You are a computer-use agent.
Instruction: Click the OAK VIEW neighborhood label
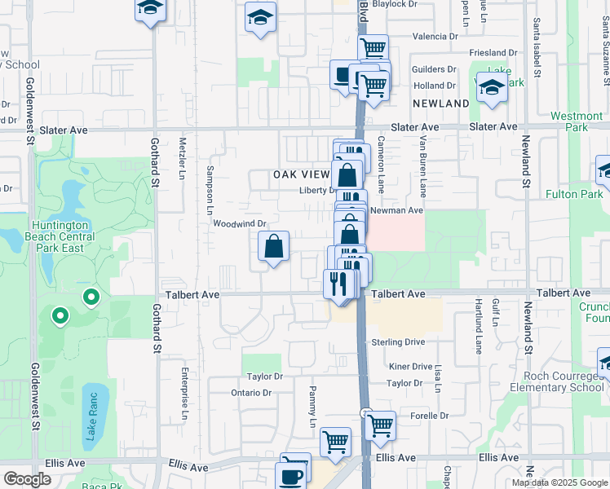[301, 174]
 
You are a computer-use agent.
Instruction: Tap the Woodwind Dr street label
[240, 223]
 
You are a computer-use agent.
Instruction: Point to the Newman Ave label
[396, 210]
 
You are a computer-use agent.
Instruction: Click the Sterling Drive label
[398, 342]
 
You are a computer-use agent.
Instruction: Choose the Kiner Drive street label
[410, 367]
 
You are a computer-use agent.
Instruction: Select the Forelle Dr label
[430, 415]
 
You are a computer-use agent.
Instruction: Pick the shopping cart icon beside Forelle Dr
[380, 425]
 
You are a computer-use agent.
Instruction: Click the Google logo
[27, 479]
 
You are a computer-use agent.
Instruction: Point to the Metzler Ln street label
[183, 153]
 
